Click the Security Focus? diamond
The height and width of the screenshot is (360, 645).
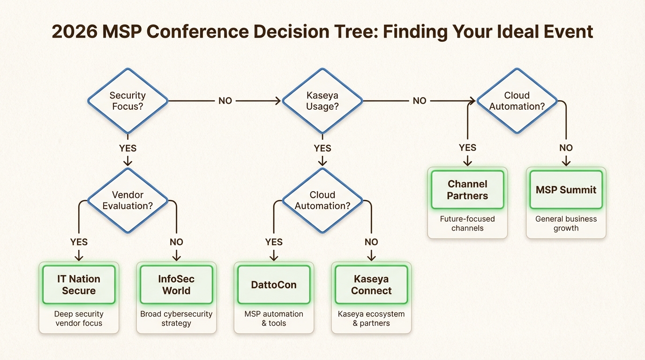[127, 100]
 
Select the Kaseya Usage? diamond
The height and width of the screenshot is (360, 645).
[322, 100]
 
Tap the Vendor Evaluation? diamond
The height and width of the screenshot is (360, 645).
[127, 200]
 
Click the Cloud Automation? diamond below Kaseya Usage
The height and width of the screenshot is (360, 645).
[322, 200]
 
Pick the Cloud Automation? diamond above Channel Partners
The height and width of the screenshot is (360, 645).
[517, 100]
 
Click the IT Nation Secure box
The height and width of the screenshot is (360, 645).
[79, 285]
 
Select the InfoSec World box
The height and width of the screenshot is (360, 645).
[176, 285]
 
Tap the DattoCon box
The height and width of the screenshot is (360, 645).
[274, 285]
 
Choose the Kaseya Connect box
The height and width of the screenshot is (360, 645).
[371, 285]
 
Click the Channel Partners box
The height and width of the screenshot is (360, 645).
[467, 190]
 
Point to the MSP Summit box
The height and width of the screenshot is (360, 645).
[566, 190]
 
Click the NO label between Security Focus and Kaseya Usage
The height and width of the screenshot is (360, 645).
[225, 101]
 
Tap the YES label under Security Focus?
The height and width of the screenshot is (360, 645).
[127, 148]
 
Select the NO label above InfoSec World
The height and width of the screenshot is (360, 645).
[176, 242]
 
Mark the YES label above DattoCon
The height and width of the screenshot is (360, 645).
[274, 242]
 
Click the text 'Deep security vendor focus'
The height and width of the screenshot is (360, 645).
[79, 318]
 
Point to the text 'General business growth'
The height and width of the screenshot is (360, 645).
[566, 224]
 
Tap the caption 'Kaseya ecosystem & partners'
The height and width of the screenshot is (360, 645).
[371, 318]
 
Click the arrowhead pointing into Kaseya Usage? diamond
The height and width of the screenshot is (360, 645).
[278, 101]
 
